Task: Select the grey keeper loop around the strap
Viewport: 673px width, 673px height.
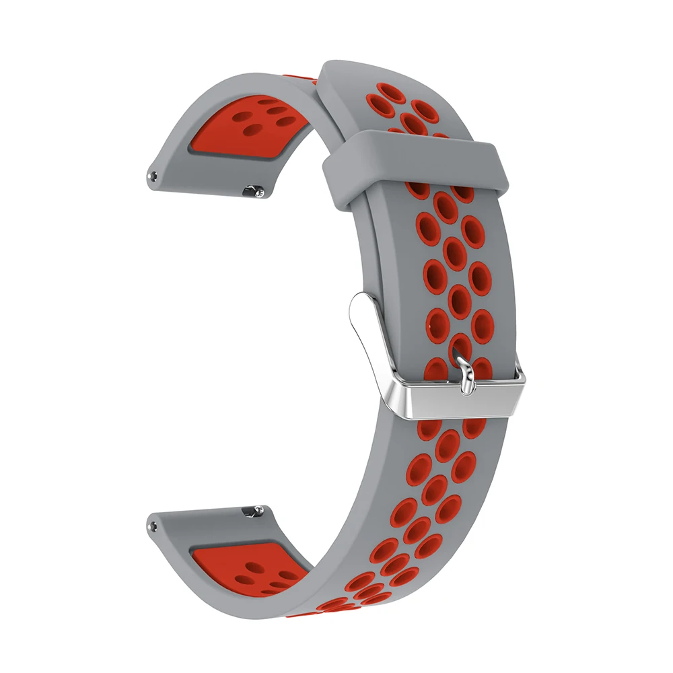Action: click(x=417, y=162)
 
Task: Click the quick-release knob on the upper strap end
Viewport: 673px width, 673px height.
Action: click(x=256, y=192)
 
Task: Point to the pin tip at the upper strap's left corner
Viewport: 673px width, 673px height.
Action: click(x=155, y=177)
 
